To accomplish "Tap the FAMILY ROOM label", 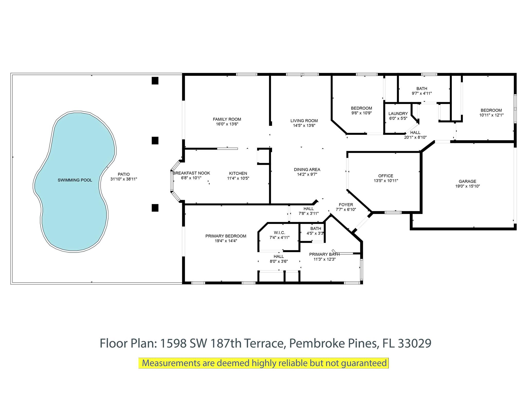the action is (227, 119).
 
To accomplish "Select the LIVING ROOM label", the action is (304, 121).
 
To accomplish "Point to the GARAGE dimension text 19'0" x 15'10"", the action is (468, 186).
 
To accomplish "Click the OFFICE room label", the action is (386, 176).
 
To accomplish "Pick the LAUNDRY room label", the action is (398, 114).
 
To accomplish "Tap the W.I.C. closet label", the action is (279, 233).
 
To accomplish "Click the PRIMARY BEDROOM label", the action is (226, 236).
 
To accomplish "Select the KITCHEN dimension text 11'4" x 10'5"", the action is (238, 178).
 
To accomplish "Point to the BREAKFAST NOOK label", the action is (191, 173).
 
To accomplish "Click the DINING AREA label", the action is (307, 169).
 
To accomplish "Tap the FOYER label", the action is (346, 205).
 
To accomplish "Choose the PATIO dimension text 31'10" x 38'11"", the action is (124, 179).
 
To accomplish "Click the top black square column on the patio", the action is (155, 81).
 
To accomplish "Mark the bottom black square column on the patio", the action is (155, 208).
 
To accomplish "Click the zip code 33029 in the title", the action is (415, 343).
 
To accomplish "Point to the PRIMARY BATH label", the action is (324, 254).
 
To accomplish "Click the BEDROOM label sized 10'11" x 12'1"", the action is (491, 110).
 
